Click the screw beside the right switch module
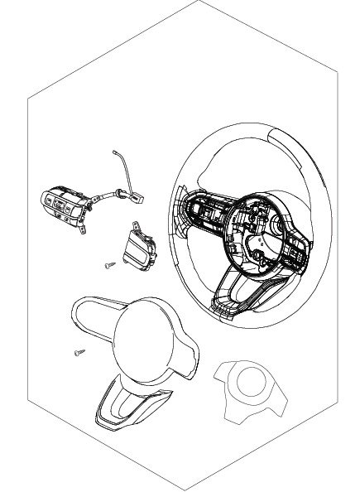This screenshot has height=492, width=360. [108, 265]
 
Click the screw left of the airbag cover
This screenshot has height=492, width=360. [79, 353]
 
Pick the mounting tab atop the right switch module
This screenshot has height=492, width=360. [134, 226]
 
